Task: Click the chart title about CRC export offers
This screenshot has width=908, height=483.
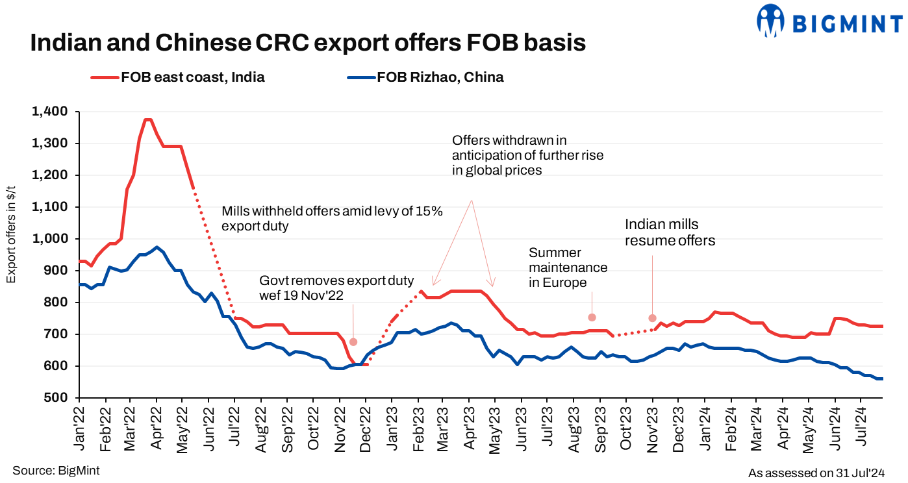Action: pyautogui.click(x=308, y=43)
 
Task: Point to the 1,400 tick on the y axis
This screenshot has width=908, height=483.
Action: pyautogui.click(x=50, y=112)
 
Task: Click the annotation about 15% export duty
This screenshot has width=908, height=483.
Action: pyautogui.click(x=332, y=219)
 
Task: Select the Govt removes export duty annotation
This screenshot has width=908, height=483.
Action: pyautogui.click(x=336, y=288)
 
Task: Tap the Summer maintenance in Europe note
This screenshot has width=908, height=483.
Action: pyautogui.click(x=568, y=267)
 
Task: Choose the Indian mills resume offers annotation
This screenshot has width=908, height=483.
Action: pyautogui.click(x=670, y=232)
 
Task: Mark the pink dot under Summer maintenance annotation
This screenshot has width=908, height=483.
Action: pyautogui.click(x=592, y=317)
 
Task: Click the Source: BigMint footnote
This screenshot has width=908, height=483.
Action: pyautogui.click(x=56, y=471)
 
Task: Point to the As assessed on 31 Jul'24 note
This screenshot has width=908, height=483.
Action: pyautogui.click(x=816, y=473)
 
